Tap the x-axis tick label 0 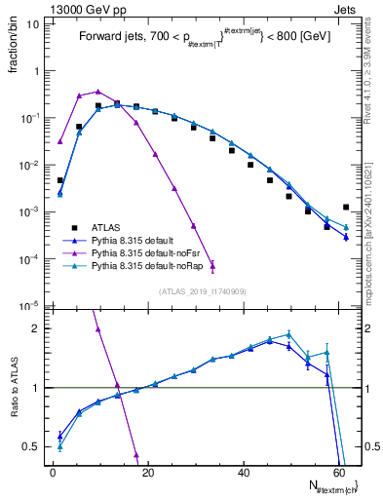54,473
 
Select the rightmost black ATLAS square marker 346,207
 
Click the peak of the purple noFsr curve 97,91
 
